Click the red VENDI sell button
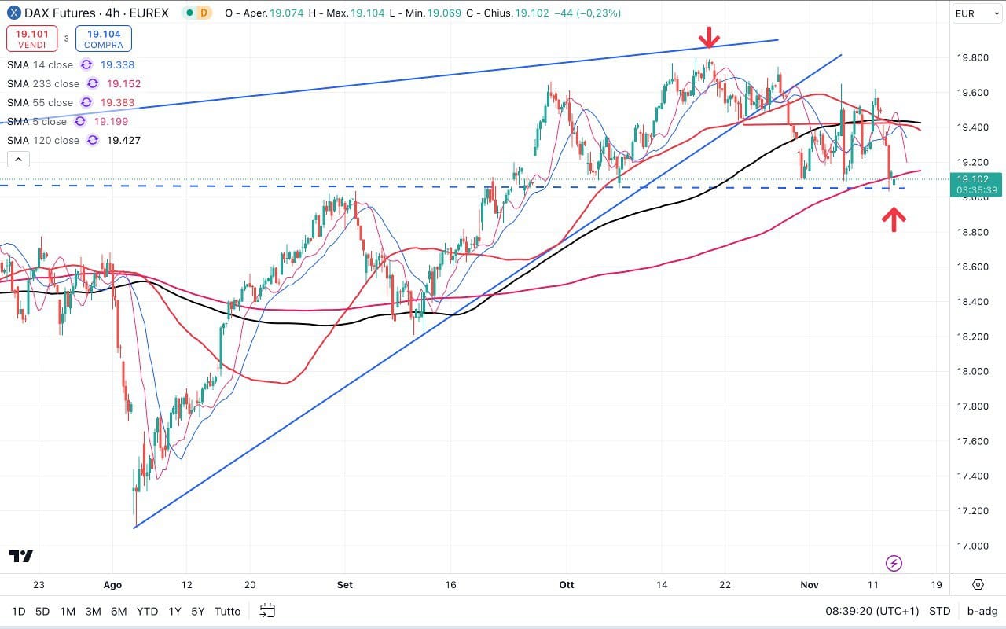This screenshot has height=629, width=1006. pos(31,39)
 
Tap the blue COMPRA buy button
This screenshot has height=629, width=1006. pos(104,39)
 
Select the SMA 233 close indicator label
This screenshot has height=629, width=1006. pos(43,84)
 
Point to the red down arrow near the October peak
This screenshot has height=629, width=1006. pos(710,37)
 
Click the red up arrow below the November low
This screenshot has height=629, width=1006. pos(893,219)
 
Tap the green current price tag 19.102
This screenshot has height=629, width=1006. pos(975,184)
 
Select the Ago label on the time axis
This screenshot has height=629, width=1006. pos(112,585)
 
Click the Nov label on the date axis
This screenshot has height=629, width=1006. pos(809,585)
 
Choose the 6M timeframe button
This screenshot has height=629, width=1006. pos(119,611)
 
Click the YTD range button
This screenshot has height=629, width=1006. pos(147,611)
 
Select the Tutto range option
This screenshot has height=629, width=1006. pos(227,611)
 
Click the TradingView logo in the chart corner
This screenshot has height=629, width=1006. pos(21,557)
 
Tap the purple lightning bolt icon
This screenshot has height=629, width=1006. pos(894,563)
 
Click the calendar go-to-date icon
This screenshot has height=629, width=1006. pos(267,611)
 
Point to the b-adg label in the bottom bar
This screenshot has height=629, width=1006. pos(982,611)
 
